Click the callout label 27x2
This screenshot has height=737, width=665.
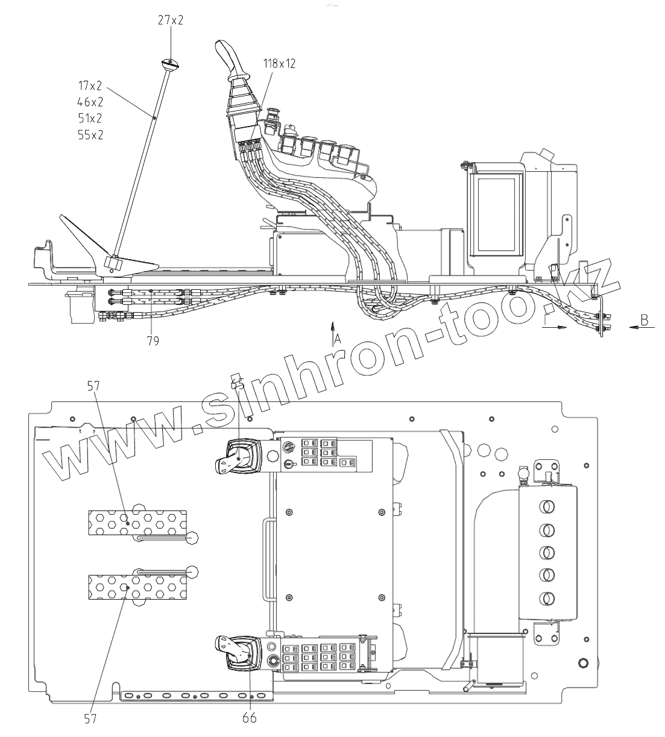171,20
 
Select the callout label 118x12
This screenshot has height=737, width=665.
279,63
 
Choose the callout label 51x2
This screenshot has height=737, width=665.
90,118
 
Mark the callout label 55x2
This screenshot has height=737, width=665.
90,135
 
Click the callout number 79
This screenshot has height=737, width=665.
153,341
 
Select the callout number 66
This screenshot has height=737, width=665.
249,717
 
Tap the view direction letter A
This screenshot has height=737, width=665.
338,339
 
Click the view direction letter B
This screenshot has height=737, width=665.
644,319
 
